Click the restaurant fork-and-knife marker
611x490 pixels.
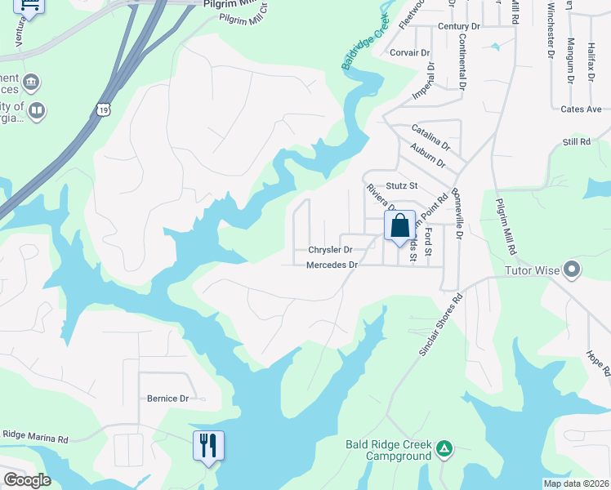click(208, 446)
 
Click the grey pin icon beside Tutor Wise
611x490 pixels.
click(572, 269)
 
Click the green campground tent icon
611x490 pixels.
click(444, 448)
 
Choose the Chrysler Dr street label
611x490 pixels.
click(330, 250)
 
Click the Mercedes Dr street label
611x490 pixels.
click(332, 265)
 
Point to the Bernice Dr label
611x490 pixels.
click(167, 399)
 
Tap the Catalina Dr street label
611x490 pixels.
click(430, 136)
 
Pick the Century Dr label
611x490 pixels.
click(458, 27)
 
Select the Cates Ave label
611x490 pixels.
click(581, 109)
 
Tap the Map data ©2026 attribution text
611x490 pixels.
click(577, 483)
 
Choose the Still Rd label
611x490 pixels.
click(576, 142)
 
